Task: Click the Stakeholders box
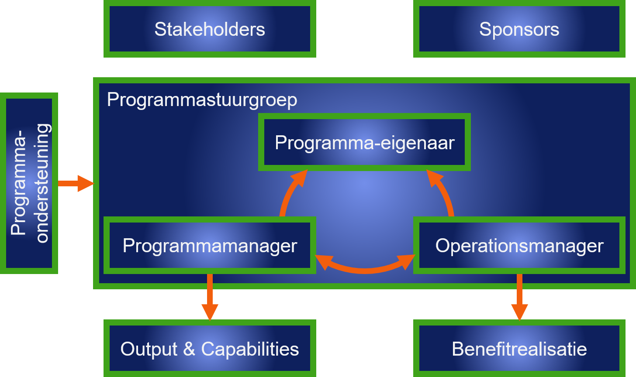[210, 29]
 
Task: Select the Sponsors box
[519, 29]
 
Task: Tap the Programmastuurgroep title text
[202, 100]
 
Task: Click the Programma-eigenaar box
[364, 143]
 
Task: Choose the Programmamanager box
[210, 246]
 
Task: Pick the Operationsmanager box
[519, 246]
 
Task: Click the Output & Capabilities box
[210, 349]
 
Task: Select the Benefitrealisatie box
[519, 349]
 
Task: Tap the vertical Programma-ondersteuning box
[29, 183]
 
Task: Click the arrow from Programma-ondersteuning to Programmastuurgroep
[75, 183]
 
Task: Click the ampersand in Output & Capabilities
[188, 349]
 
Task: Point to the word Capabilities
[250, 349]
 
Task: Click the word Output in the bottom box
[148, 349]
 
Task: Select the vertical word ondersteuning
[42, 183]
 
